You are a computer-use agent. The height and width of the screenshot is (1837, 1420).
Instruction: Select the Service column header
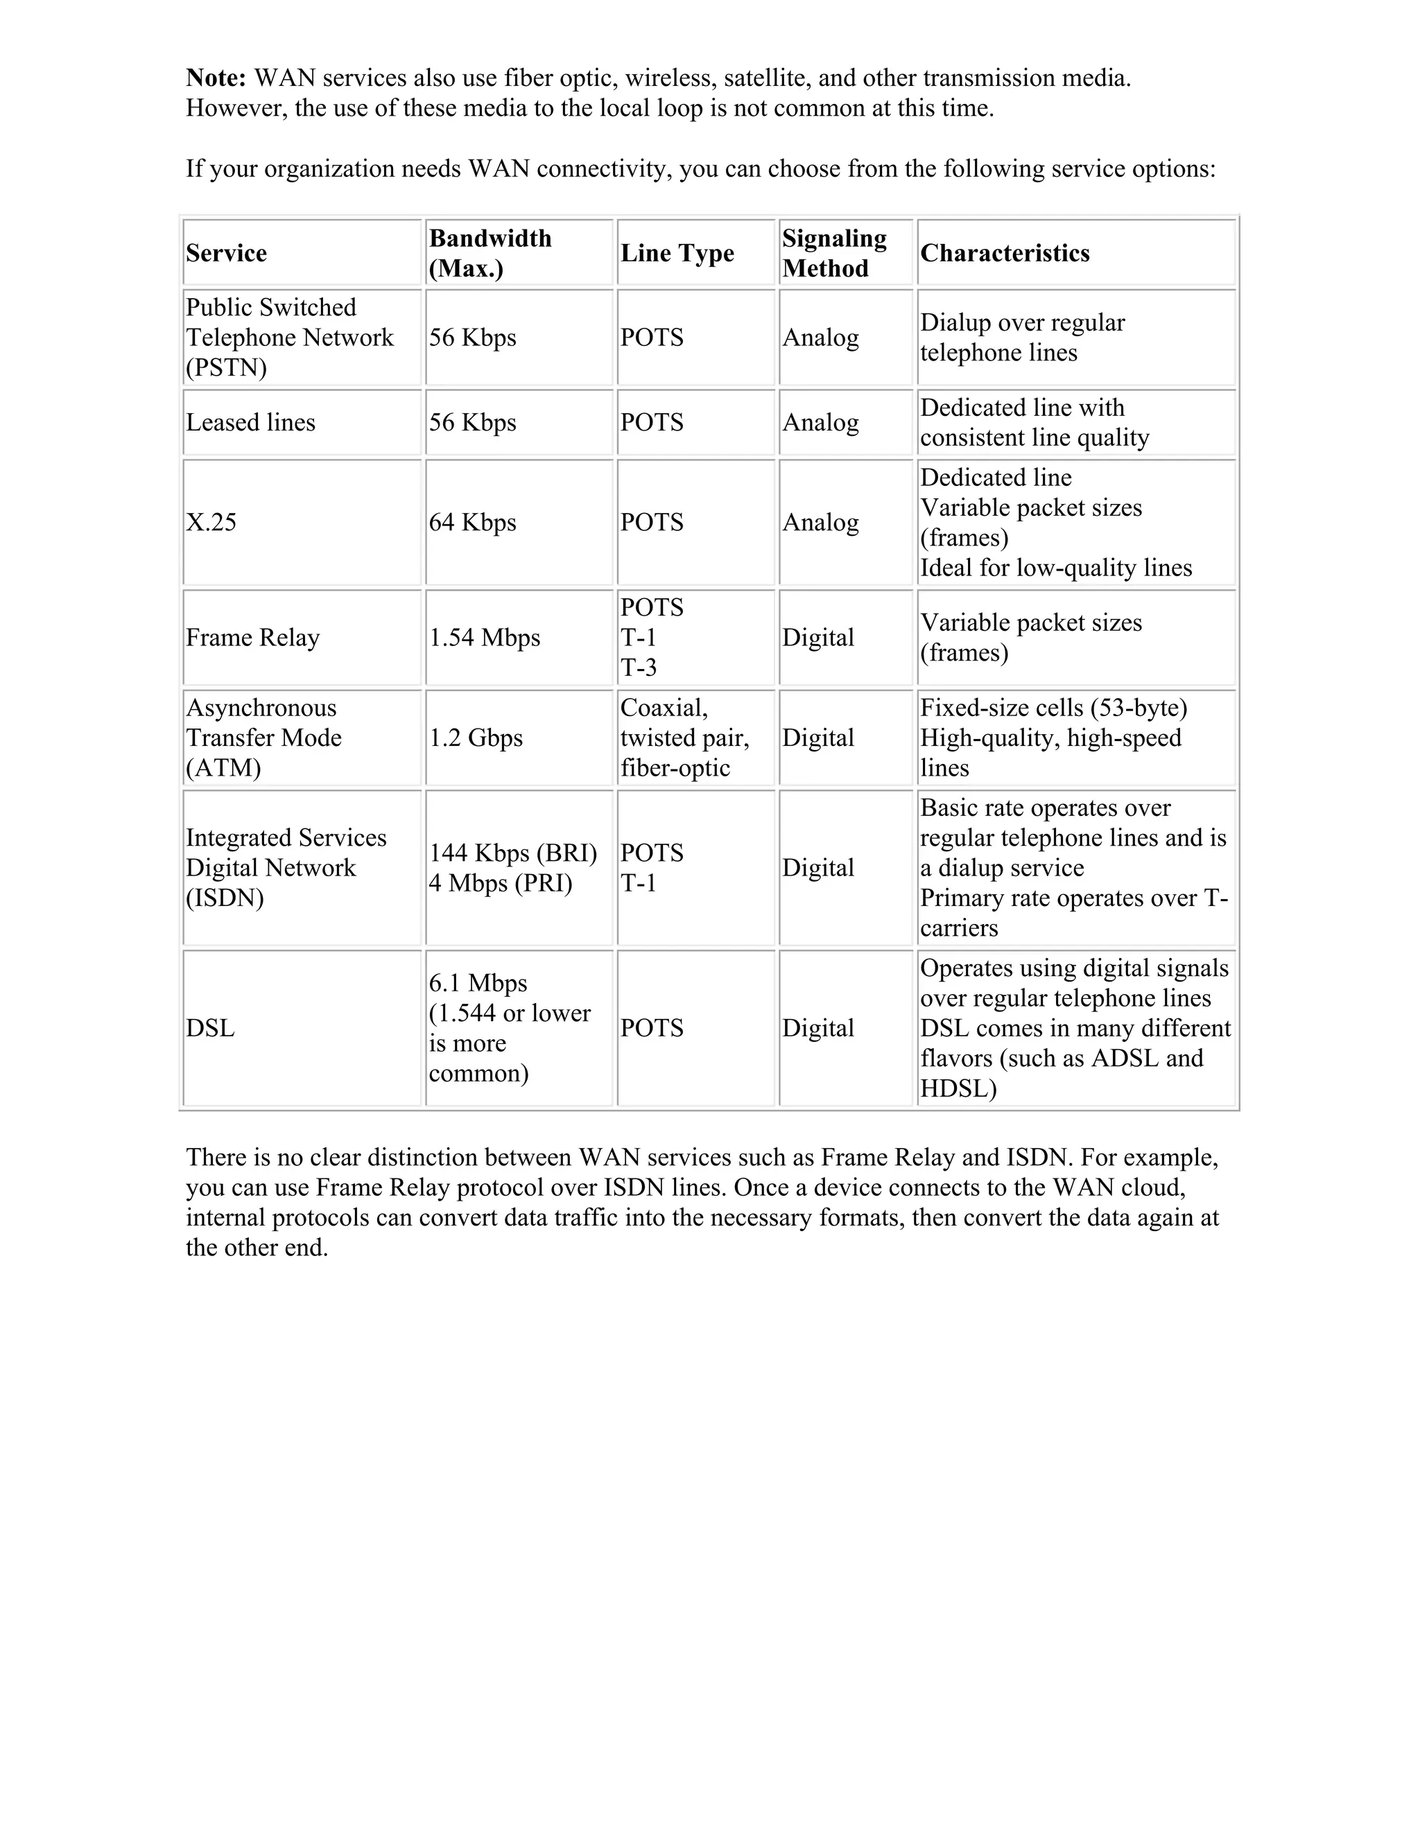point(226,253)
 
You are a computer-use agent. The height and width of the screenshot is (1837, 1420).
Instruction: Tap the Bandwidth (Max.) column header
point(490,253)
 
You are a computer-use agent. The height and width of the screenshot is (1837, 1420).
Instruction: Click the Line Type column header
point(677,253)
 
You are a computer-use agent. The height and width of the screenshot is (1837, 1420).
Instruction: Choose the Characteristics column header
point(1005,253)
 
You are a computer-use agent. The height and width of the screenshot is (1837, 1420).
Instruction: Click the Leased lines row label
point(251,422)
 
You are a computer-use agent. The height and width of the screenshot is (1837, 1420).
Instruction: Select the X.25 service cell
point(211,523)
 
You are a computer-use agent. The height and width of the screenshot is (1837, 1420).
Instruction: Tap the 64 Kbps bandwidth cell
point(473,523)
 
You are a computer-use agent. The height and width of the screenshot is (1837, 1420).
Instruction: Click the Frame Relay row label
point(252,638)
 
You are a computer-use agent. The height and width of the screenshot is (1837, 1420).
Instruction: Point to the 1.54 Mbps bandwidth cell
point(485,638)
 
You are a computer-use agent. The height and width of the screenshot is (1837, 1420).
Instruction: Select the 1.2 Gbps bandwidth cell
point(476,738)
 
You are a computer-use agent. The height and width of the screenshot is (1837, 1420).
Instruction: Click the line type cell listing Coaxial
point(684,738)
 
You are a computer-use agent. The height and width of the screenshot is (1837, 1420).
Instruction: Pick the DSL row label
point(210,1028)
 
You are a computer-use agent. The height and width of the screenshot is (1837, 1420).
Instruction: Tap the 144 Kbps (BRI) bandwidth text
point(513,853)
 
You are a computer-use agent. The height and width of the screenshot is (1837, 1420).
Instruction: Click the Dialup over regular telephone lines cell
point(1022,338)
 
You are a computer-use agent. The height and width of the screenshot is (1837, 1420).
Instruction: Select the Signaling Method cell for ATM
point(817,738)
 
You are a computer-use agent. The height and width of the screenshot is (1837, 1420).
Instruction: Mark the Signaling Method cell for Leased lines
point(820,422)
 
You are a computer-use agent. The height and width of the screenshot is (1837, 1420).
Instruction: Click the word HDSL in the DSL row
point(958,1088)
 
